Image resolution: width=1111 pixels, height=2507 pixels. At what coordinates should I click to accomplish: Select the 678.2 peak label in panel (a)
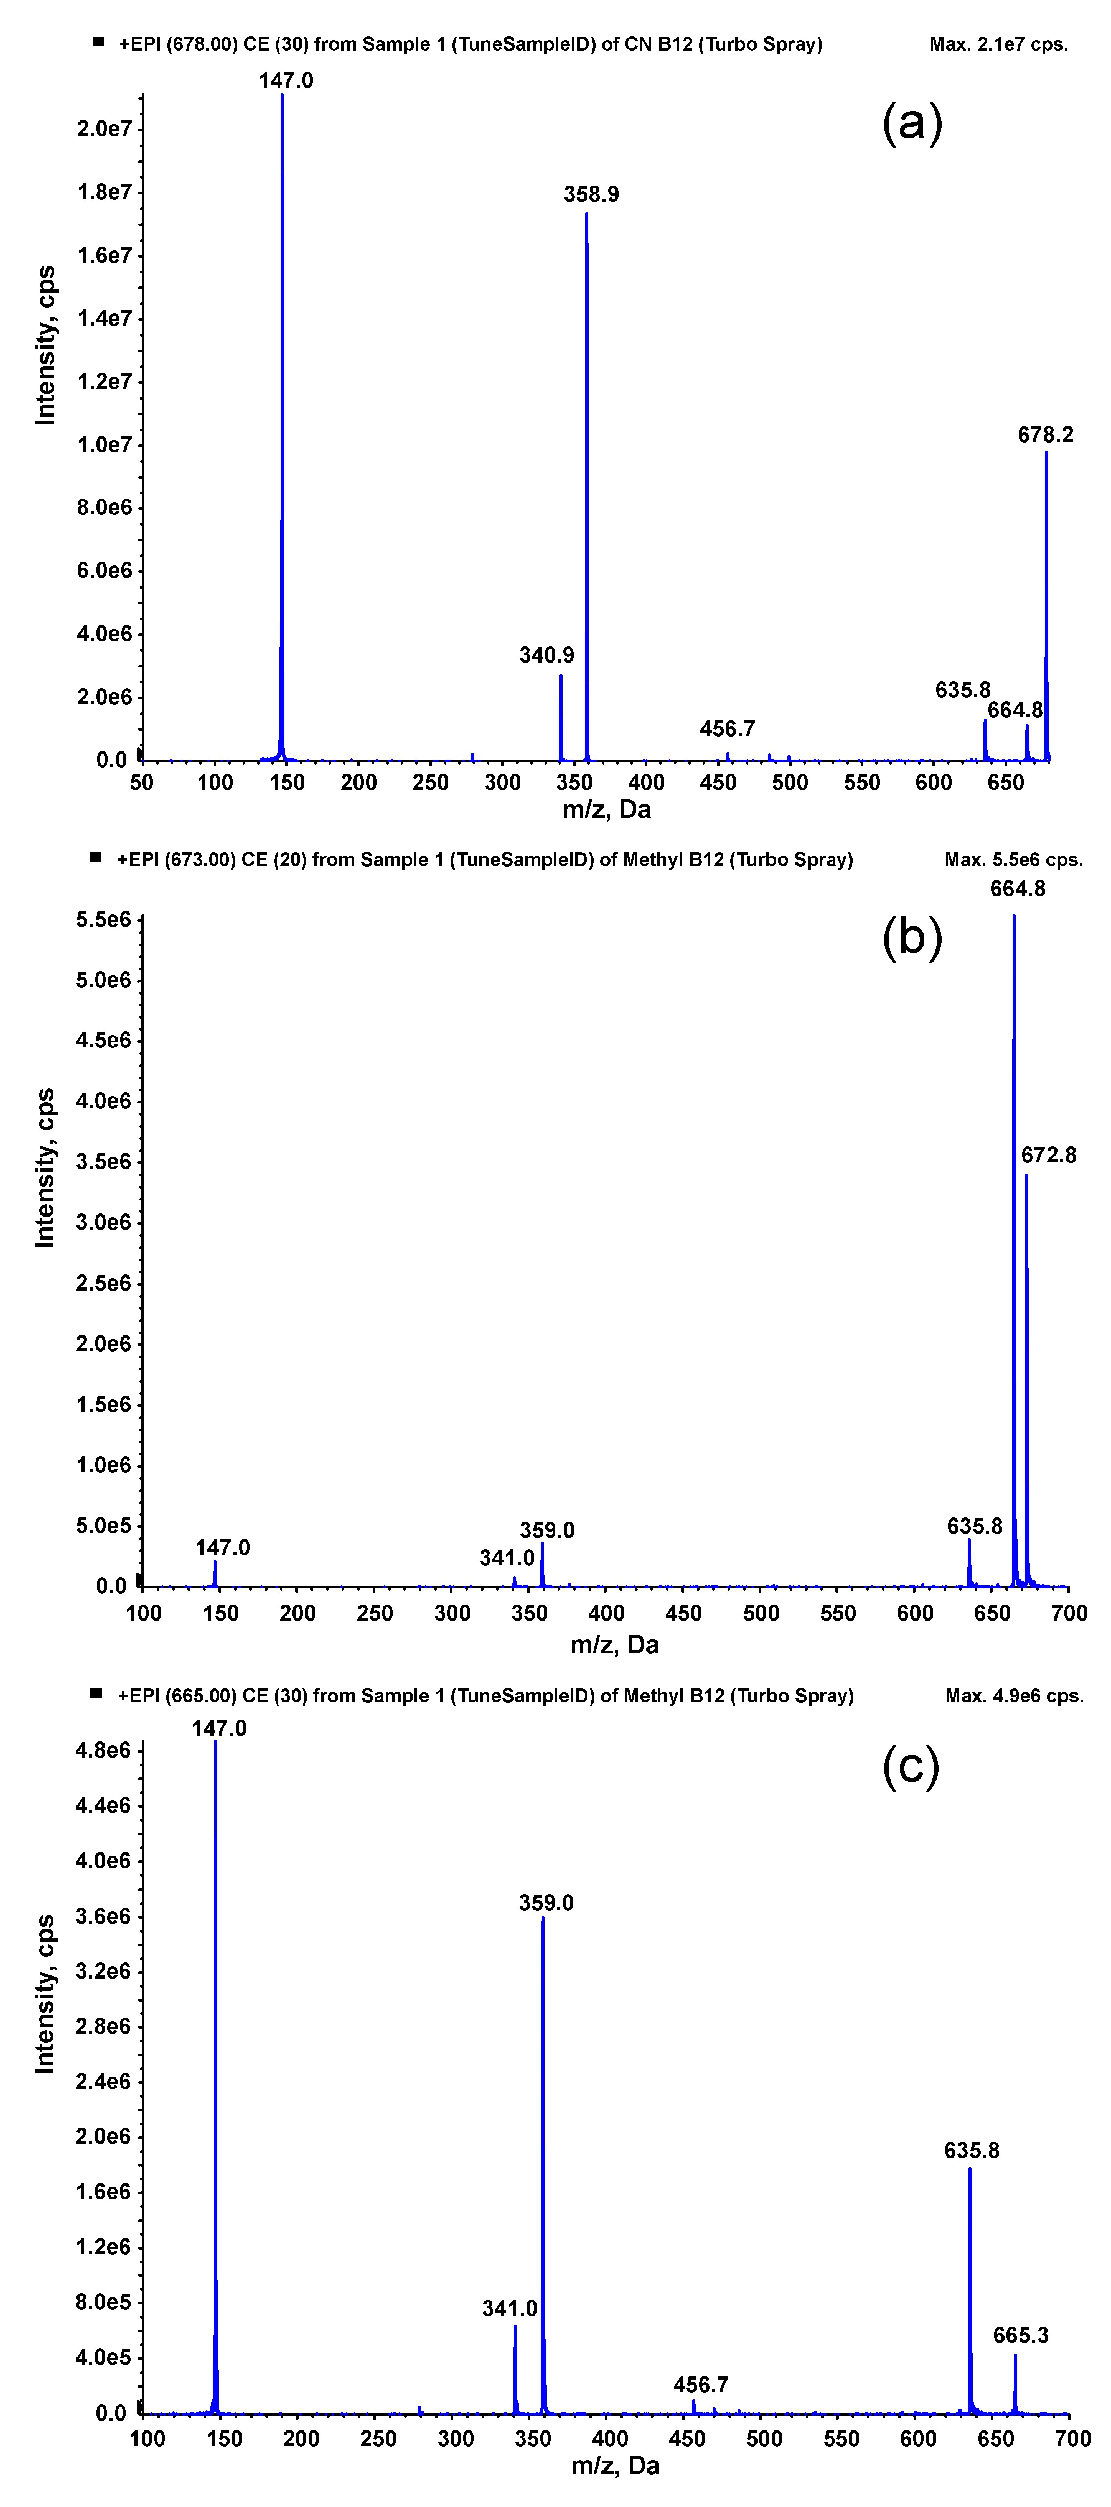coord(1045,435)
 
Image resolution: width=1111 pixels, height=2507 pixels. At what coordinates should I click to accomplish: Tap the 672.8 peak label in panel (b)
coord(1048,1155)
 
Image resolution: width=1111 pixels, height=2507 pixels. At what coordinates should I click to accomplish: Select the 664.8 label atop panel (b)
coord(1018,889)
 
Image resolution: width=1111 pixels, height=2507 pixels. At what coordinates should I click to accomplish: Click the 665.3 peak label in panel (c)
coord(1021,2336)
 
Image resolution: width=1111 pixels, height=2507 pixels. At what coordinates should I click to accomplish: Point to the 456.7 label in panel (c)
coord(700,2385)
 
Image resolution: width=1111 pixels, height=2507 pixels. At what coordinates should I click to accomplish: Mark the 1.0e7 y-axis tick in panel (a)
coord(104,445)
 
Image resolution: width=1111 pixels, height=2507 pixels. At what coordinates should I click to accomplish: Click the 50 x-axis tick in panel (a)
coord(142,782)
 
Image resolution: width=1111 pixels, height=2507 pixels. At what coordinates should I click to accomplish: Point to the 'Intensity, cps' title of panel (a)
coord(46,346)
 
